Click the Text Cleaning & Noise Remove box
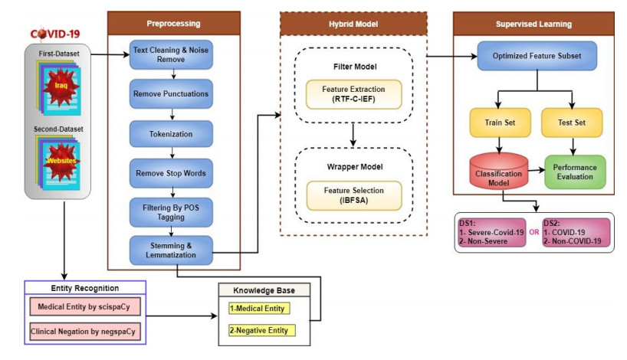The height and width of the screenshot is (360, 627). (171, 54)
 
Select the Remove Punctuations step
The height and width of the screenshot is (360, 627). (171, 94)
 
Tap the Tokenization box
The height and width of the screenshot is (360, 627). (171, 133)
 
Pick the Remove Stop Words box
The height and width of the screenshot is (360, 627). (171, 172)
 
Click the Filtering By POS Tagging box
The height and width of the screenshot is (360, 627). (171, 211)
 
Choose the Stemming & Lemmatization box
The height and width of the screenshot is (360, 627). (171, 250)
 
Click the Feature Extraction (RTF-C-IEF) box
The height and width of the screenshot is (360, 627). (353, 93)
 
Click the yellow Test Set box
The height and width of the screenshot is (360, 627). (572, 123)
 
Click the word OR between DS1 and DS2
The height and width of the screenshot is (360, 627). (533, 232)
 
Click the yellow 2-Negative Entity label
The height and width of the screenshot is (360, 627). (259, 330)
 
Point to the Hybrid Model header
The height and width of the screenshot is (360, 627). (353, 24)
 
